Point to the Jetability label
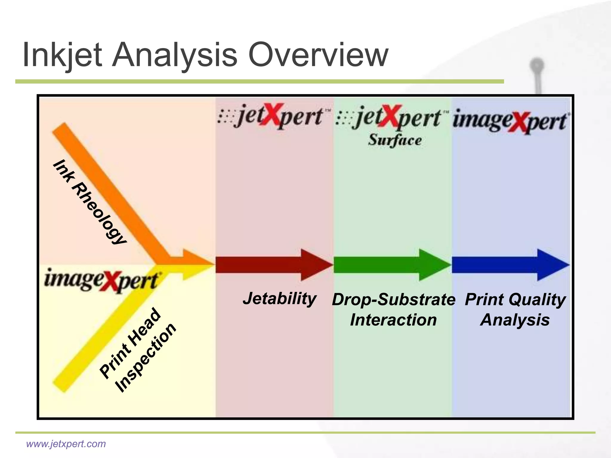(x=280, y=298)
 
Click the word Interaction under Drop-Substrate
(x=393, y=320)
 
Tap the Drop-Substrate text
(x=393, y=299)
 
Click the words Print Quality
(x=515, y=299)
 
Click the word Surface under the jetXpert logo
(x=394, y=140)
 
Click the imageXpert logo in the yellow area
(x=101, y=280)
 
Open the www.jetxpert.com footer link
(x=66, y=444)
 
